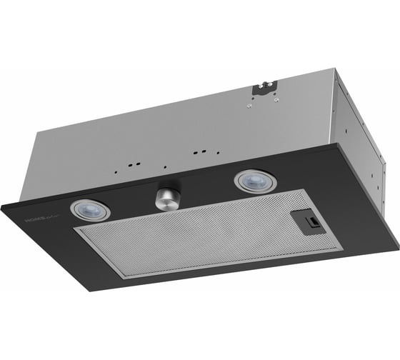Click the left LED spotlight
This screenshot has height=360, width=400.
coord(91,209)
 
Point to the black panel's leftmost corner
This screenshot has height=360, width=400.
coord(2,206)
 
